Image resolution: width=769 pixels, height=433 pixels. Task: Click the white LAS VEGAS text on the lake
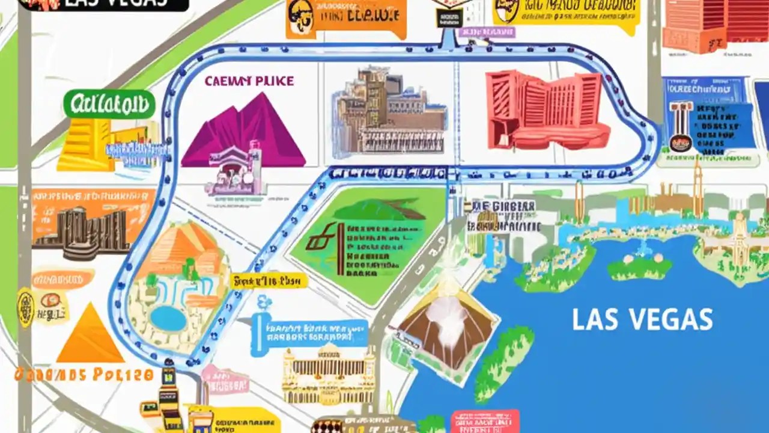pyautogui.click(x=642, y=319)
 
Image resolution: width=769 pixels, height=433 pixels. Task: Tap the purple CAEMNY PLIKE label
pyautogui.click(x=249, y=81)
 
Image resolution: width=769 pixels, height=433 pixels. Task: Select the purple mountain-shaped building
pyautogui.click(x=243, y=132)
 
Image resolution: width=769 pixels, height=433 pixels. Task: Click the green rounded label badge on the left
pyautogui.click(x=109, y=105)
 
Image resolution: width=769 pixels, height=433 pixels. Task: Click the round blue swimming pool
pyautogui.click(x=168, y=318)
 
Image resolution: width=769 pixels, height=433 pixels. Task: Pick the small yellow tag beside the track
pyautogui.click(x=269, y=281)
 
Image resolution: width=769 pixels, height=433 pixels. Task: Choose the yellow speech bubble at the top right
pyautogui.click(x=565, y=14)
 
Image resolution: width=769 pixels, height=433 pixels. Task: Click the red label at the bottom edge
pyautogui.click(x=485, y=421)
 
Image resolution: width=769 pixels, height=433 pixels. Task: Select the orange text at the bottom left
pyautogui.click(x=84, y=375)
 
